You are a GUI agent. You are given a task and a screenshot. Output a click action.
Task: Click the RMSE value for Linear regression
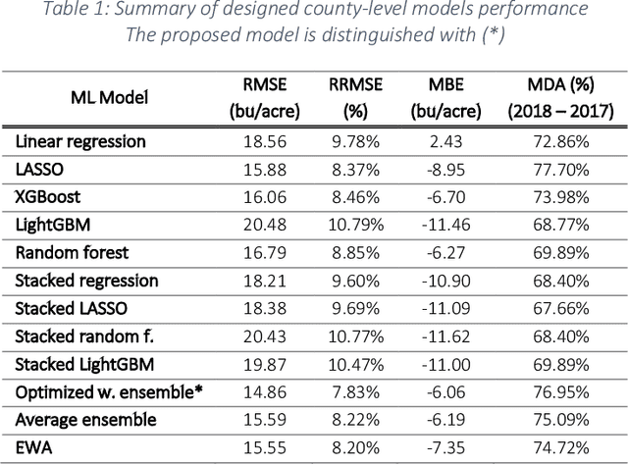click(x=263, y=141)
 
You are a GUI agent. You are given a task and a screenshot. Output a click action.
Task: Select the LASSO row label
click(x=39, y=170)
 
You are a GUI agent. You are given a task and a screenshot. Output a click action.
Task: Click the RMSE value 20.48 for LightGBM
click(x=263, y=225)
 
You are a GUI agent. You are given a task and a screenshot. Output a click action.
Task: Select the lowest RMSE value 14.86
click(x=263, y=392)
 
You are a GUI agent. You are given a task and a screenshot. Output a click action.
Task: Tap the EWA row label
click(x=32, y=448)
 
